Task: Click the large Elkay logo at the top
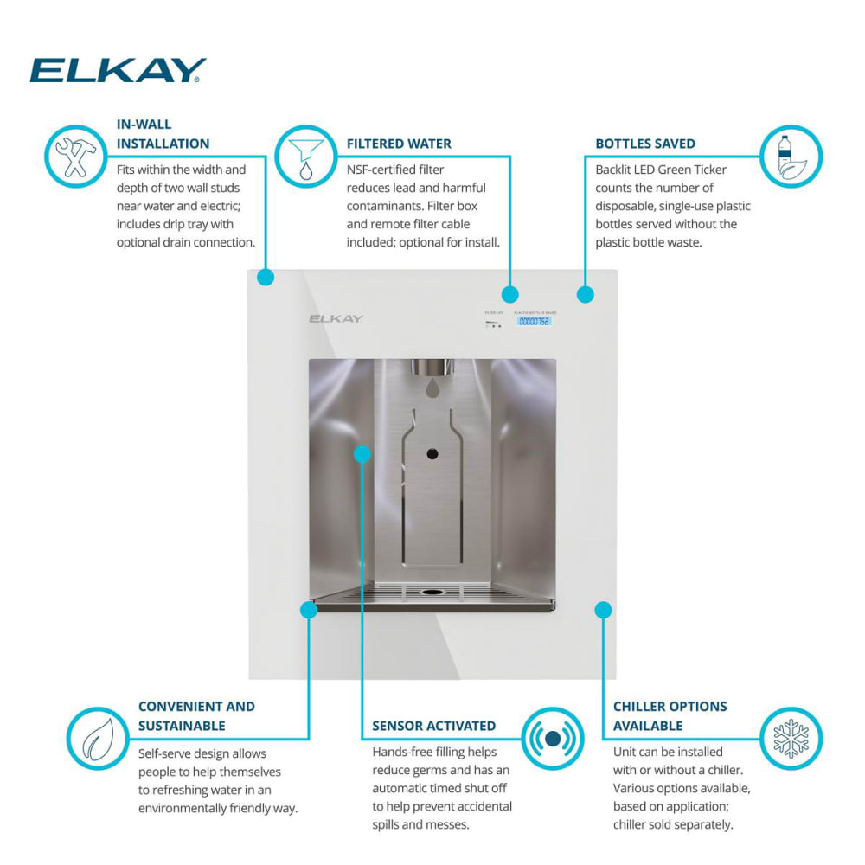tap(118, 70)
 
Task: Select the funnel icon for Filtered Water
tap(305, 157)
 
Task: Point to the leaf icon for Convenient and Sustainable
tap(96, 738)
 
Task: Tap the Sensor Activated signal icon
tap(553, 738)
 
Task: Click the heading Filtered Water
tap(399, 144)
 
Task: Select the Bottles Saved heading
tap(645, 144)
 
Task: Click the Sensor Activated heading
tap(433, 726)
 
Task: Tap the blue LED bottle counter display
tap(534, 321)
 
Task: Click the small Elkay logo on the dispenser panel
tap(336, 318)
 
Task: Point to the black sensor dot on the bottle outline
tap(432, 454)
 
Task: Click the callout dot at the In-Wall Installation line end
tap(266, 278)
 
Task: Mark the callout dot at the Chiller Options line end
tap(604, 610)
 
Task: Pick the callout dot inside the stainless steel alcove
tap(362, 453)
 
